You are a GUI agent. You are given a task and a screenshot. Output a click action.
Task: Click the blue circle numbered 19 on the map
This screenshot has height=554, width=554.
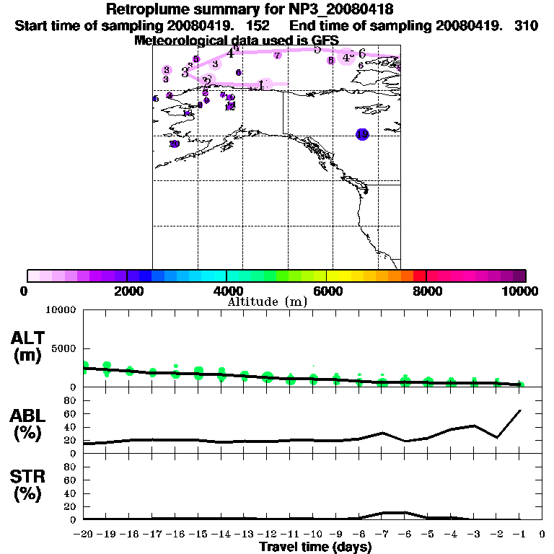pyautogui.click(x=362, y=134)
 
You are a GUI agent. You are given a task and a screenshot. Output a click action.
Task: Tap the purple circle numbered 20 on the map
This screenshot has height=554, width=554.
pyautogui.click(x=174, y=144)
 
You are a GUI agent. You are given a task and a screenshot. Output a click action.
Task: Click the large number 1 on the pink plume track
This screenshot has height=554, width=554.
pyautogui.click(x=262, y=84)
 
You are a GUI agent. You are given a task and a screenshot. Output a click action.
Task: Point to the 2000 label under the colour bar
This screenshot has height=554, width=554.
pyautogui.click(x=126, y=291)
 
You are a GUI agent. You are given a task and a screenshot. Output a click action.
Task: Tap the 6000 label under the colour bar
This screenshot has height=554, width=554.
pyautogui.click(x=327, y=291)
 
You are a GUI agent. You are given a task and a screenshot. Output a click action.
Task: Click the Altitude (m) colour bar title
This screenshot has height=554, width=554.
pyautogui.click(x=267, y=302)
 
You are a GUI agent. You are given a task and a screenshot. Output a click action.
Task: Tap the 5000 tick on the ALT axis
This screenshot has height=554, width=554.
pyautogui.click(x=66, y=349)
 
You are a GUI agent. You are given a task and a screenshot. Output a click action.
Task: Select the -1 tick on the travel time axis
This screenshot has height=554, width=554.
pyautogui.click(x=520, y=534)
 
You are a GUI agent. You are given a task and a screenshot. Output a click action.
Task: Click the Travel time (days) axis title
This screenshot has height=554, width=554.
pyautogui.click(x=315, y=548)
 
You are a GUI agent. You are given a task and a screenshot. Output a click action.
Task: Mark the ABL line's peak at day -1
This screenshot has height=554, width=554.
pyautogui.click(x=520, y=410)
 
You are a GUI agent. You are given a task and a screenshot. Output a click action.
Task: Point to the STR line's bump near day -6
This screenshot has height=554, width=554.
pyautogui.click(x=405, y=512)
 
